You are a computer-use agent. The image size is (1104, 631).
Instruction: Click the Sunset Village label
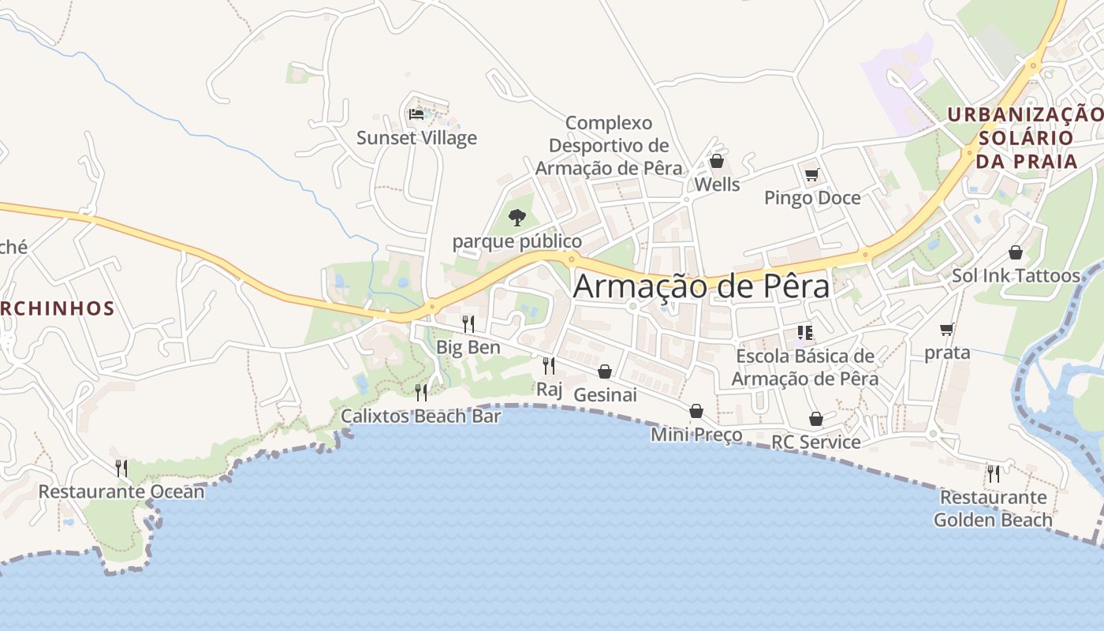[x=416, y=138]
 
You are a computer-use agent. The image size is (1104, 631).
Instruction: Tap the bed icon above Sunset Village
[x=416, y=114]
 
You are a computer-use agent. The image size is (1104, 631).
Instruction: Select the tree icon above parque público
[x=517, y=217]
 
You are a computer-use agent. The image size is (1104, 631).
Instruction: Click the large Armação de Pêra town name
[x=701, y=286]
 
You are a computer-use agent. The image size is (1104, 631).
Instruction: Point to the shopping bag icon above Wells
[x=717, y=161]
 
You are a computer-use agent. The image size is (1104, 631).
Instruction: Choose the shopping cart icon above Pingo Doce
[x=811, y=174]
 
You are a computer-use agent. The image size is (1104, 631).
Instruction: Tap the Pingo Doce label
[x=812, y=197]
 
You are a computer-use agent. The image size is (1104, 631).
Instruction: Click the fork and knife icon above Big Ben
[x=468, y=323]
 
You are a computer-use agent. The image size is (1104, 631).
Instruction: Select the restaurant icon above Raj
[x=549, y=365]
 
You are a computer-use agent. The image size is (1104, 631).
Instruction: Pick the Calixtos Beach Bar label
[x=420, y=416]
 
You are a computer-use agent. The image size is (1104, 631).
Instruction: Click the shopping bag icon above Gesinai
[x=605, y=372]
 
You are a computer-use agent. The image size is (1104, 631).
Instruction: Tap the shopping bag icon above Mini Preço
[x=696, y=411]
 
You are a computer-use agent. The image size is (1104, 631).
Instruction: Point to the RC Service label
[x=815, y=442]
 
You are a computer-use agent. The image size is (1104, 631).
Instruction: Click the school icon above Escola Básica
[x=804, y=333]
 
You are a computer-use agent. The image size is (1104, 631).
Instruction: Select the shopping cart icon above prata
[x=946, y=329]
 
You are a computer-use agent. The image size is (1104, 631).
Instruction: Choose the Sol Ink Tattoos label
[x=1016, y=275]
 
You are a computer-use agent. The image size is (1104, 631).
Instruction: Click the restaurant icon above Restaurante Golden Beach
[x=994, y=473]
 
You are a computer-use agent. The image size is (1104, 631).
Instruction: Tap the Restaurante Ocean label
[x=121, y=491]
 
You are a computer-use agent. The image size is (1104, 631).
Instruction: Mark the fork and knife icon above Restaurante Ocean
[x=121, y=469]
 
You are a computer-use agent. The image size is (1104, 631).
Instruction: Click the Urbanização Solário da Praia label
[x=1026, y=138]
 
